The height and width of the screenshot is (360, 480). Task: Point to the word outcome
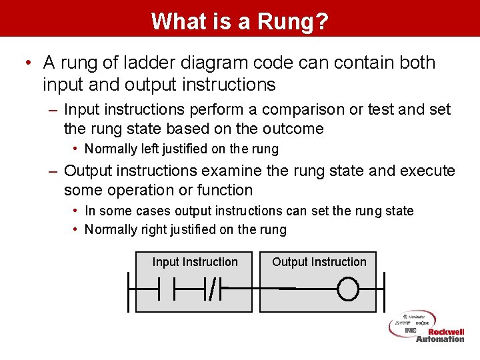point(295,129)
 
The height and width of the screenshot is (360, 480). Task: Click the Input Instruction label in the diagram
point(195,262)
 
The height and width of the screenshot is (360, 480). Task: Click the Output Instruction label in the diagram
point(319,262)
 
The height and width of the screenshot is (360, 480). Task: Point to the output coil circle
point(348,289)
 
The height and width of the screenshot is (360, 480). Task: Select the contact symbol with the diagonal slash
point(212,289)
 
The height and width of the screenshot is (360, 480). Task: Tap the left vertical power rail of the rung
point(128,289)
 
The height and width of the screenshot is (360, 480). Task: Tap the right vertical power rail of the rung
point(385,289)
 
